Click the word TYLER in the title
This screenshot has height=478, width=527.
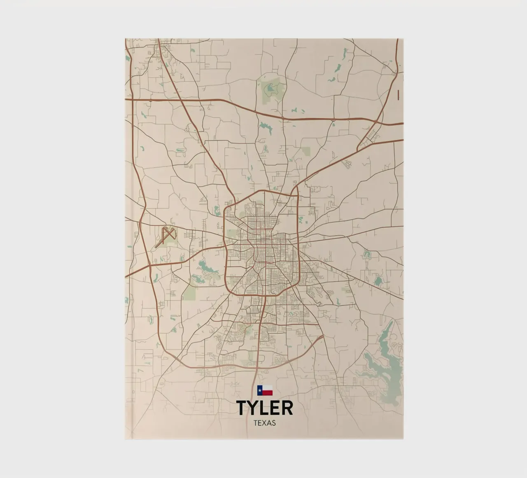265,408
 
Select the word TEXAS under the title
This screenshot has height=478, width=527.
265,423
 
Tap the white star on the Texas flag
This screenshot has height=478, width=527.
260,390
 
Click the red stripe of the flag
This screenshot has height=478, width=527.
268,393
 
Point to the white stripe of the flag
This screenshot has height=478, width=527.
268,387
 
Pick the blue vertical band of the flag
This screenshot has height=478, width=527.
260,390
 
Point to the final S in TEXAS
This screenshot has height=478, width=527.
274,423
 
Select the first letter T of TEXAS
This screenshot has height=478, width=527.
256,423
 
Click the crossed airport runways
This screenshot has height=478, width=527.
166,236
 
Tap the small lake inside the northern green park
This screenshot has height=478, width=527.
270,87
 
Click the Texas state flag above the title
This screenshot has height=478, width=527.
265,390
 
